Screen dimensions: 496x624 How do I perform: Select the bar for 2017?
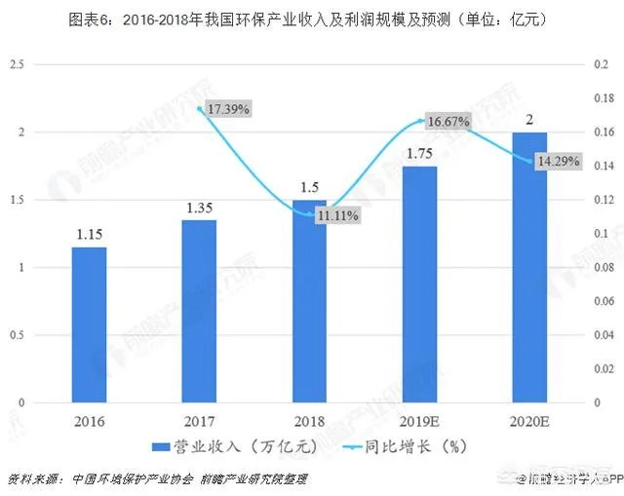(198, 311)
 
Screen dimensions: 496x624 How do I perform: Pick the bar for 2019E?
(419, 285)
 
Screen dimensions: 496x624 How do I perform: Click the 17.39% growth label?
(228, 109)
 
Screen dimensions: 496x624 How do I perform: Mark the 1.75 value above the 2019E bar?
(419, 154)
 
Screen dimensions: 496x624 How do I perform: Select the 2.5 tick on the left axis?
(16, 64)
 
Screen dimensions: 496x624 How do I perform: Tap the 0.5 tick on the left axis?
(16, 335)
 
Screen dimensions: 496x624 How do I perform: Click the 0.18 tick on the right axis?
(604, 98)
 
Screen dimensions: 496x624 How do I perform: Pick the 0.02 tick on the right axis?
(604, 369)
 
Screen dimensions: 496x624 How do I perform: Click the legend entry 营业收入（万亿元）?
(230, 445)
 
